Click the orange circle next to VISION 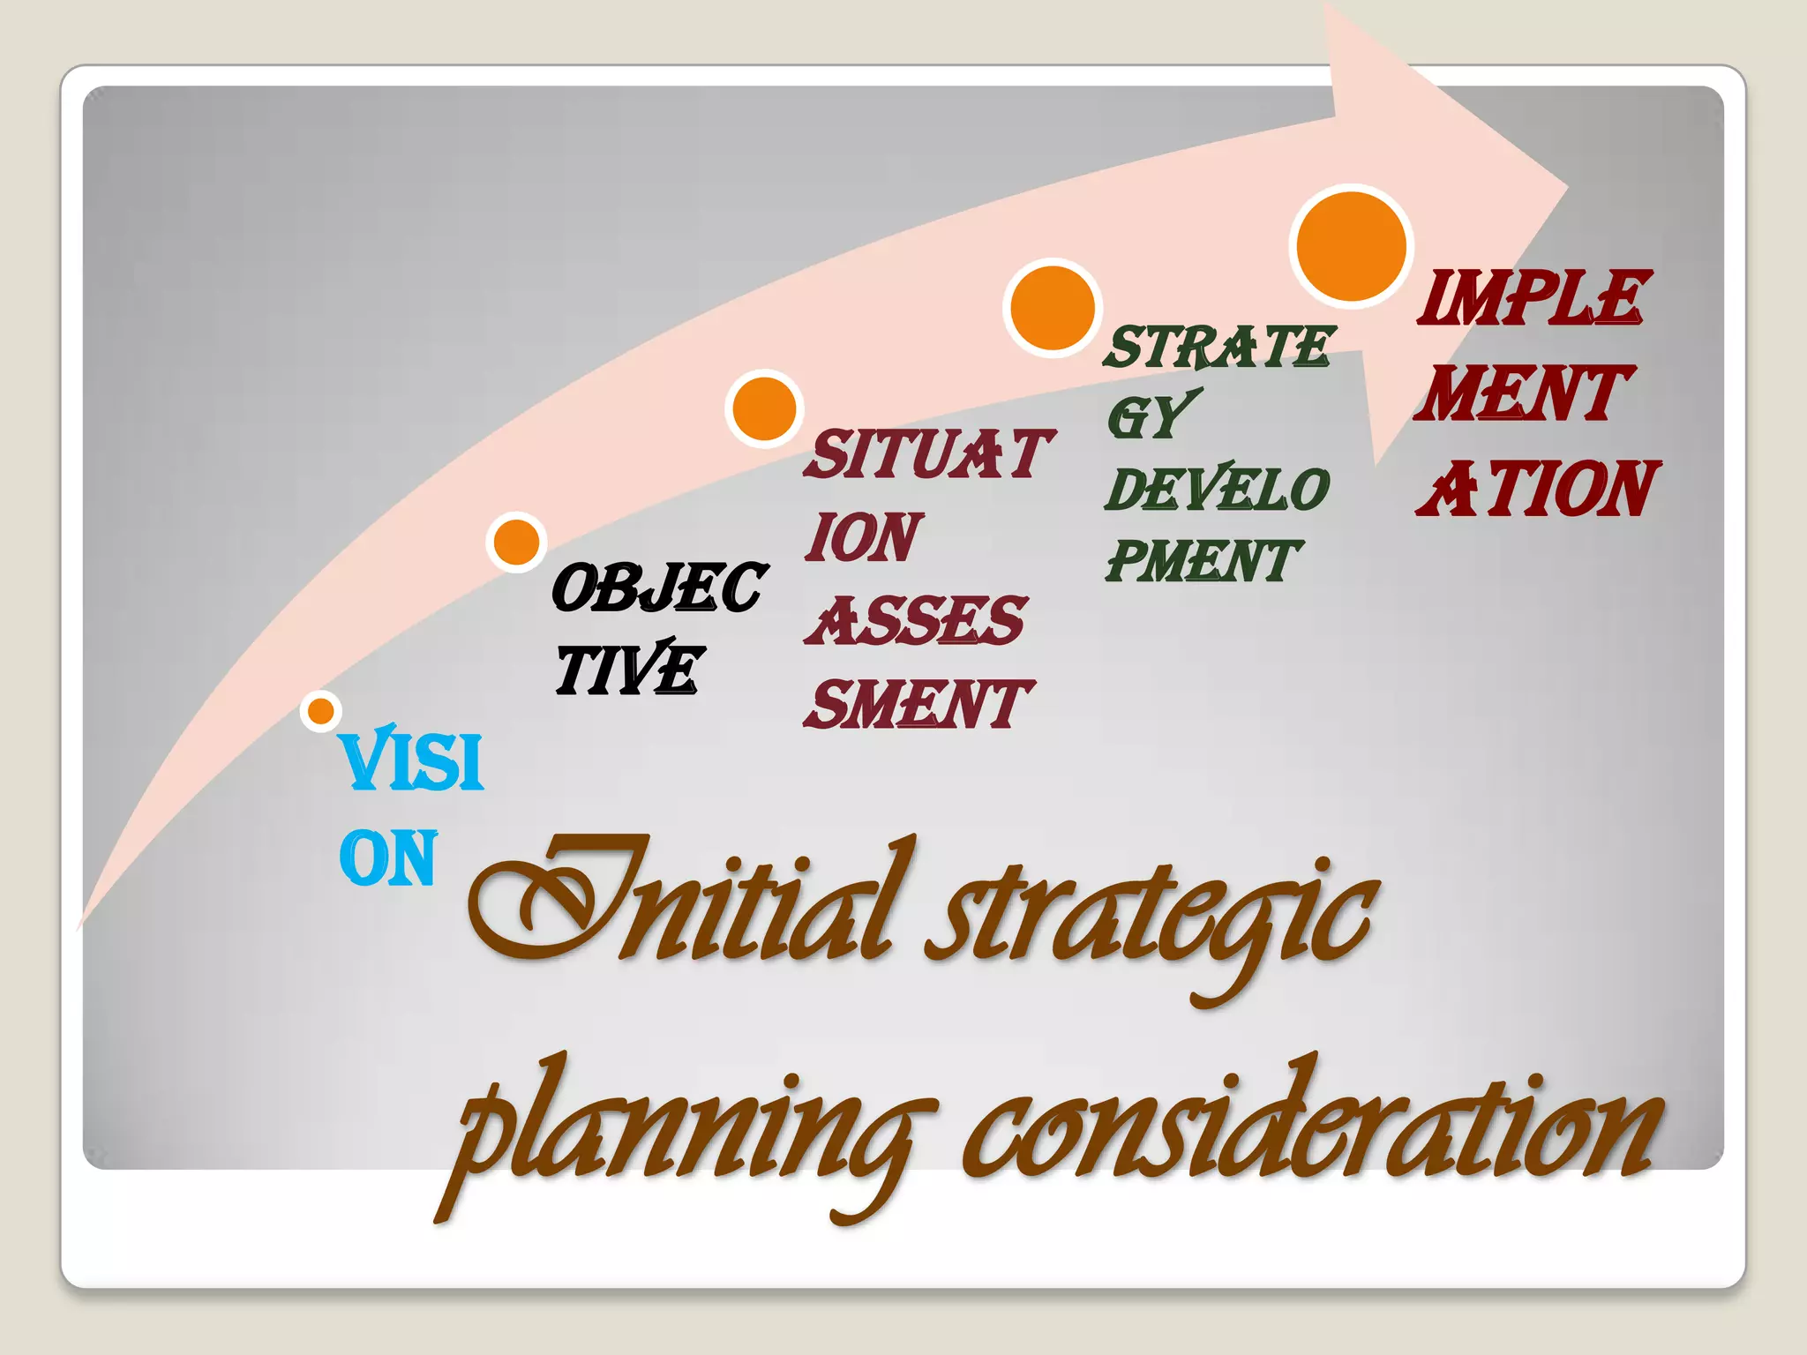tap(321, 710)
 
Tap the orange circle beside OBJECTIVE tap(516, 542)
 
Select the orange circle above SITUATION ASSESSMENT tap(764, 408)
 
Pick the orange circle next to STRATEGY tap(1052, 308)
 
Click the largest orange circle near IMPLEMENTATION tap(1351, 246)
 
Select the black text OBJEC tap(658, 588)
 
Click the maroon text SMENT tap(918, 704)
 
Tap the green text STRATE tap(1218, 346)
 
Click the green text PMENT tap(1202, 561)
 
